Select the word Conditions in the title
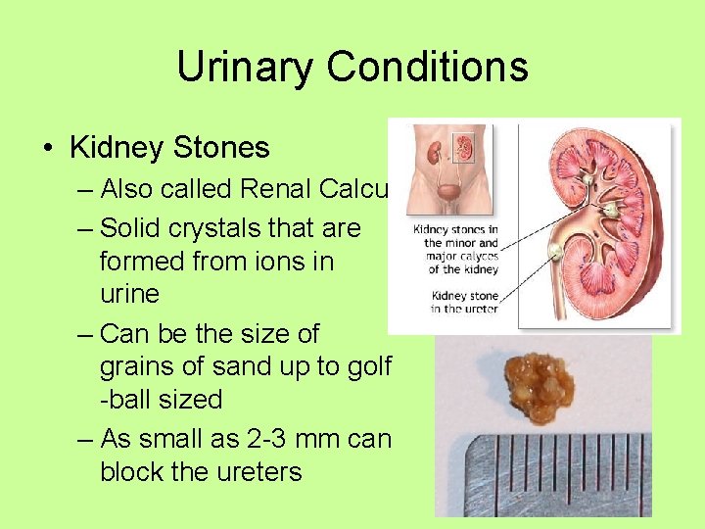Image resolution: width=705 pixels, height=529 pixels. pyautogui.click(x=427, y=68)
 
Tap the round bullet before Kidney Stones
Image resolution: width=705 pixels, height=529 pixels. pyautogui.click(x=48, y=149)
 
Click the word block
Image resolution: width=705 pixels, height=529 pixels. pyautogui.click(x=132, y=472)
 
